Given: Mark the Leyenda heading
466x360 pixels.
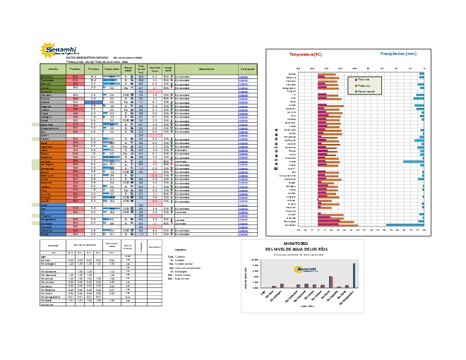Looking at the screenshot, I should pyautogui.click(x=180, y=250).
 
